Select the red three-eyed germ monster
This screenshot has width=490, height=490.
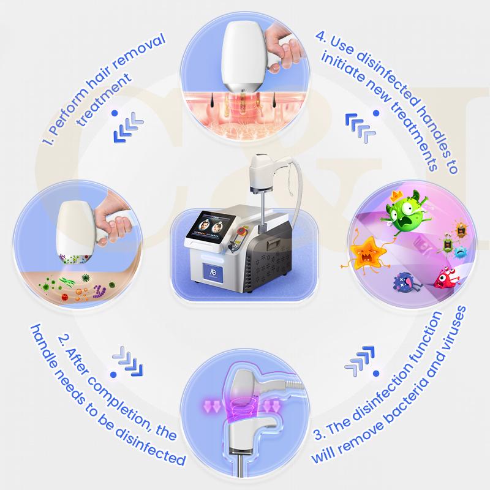(x=446, y=277)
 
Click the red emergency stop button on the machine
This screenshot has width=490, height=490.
(x=241, y=231)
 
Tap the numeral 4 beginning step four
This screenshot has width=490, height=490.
(x=320, y=37)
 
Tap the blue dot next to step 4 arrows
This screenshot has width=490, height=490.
(x=376, y=113)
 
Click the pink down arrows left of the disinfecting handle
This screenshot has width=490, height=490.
(x=211, y=407)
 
